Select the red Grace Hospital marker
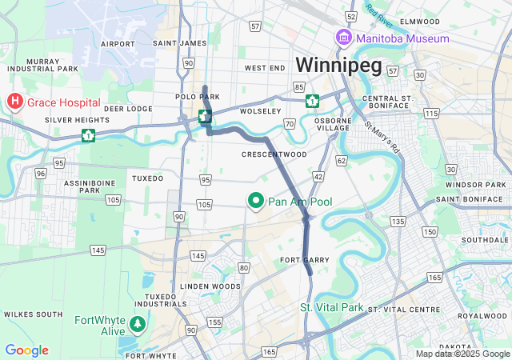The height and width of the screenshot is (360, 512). pos(14,102)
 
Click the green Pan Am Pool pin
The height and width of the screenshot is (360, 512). pos(256,201)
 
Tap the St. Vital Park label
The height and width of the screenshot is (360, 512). pos(331,307)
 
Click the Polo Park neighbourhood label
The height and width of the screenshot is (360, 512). pos(197,97)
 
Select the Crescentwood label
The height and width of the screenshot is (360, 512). pos(274,154)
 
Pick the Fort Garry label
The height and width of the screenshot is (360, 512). pos(299,260)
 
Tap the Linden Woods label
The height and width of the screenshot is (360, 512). pos(210,286)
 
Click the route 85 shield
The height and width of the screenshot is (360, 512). pos(298,86)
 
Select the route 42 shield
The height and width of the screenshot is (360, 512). pos(318,176)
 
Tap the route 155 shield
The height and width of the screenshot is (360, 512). pos(214,322)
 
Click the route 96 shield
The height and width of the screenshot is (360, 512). pos(40,173)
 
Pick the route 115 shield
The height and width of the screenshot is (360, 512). pos(432,114)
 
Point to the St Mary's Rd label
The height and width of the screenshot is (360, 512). pos(382,138)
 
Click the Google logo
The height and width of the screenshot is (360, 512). pos(26,350)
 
